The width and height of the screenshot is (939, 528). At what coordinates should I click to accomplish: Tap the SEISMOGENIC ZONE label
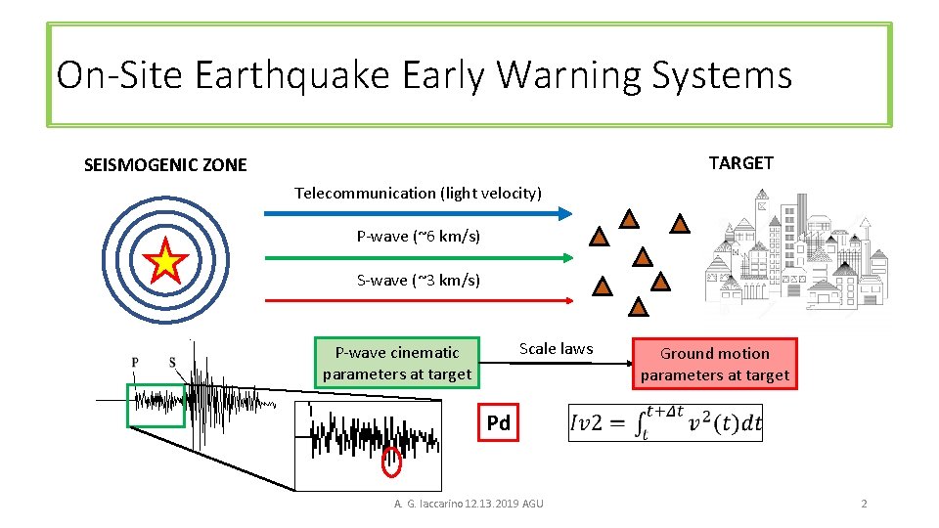pyautogui.click(x=165, y=165)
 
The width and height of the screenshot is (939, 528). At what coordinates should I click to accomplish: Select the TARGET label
pyautogui.click(x=740, y=162)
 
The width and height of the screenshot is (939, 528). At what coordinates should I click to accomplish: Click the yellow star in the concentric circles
pyautogui.click(x=166, y=261)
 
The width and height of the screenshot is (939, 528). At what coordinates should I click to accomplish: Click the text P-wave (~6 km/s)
pyautogui.click(x=419, y=236)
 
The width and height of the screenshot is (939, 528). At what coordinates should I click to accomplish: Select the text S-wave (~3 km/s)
pyautogui.click(x=419, y=280)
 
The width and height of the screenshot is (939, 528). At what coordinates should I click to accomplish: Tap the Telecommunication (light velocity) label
pyautogui.click(x=418, y=193)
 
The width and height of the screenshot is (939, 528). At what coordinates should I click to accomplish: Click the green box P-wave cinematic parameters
pyautogui.click(x=397, y=363)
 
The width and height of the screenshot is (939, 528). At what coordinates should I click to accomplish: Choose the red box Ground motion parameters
pyautogui.click(x=715, y=364)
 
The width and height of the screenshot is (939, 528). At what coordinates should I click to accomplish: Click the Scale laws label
pyautogui.click(x=556, y=348)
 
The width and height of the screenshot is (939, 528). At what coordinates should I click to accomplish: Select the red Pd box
pyautogui.click(x=498, y=423)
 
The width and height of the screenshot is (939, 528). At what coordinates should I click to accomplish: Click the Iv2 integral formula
pyautogui.click(x=665, y=423)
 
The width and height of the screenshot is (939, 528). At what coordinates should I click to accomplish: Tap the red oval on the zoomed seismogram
pyautogui.click(x=391, y=462)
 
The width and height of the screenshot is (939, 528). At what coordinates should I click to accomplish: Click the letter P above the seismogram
pyautogui.click(x=135, y=363)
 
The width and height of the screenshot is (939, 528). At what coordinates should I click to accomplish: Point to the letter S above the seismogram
pyautogui.click(x=172, y=363)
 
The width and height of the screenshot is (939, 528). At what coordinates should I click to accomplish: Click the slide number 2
pyautogui.click(x=864, y=504)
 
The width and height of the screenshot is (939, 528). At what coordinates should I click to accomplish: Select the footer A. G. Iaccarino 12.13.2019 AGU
pyautogui.click(x=469, y=504)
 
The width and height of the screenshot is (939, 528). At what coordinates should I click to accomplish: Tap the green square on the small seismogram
pyautogui.click(x=156, y=405)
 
